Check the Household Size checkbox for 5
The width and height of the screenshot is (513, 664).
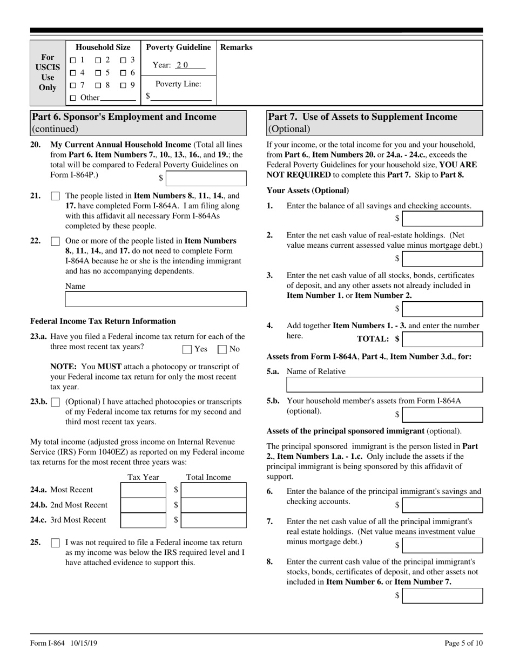coord(98,72)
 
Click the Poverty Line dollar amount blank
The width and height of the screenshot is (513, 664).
coord(181,97)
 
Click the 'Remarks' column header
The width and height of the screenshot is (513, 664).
coord(236,48)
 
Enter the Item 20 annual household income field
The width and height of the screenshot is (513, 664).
coord(206,179)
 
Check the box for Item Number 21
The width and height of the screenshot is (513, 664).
coord(55,197)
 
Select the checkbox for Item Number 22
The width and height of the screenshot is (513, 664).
coord(55,241)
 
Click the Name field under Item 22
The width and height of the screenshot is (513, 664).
coord(156,299)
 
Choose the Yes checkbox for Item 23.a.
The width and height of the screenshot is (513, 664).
coord(187,349)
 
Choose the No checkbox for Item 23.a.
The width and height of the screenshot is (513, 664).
coord(221,349)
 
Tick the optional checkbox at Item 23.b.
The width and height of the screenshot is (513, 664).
coord(55,402)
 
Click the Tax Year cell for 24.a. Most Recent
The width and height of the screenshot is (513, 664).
coord(143,490)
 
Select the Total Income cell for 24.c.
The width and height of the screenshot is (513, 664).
coord(213,520)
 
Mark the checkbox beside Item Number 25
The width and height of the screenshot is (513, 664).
coord(55,543)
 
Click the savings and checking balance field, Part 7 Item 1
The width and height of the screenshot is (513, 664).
coord(443,218)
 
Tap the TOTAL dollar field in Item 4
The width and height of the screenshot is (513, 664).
coord(443,339)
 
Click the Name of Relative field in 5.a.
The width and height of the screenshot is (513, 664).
coord(384,384)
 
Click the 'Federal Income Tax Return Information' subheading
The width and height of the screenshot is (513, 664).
coord(103,321)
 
